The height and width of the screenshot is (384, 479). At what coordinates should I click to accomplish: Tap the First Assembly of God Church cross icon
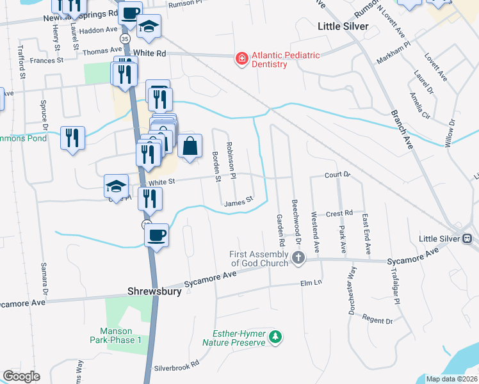[x=298, y=258]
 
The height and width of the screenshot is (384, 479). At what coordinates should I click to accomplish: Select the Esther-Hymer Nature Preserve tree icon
[x=275, y=337]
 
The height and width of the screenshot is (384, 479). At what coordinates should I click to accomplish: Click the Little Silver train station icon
[x=467, y=239]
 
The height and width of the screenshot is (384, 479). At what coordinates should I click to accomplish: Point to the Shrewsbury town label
[x=152, y=291]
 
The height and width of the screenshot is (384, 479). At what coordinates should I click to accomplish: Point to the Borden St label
[x=216, y=166]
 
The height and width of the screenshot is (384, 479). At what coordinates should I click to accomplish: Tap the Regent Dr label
[x=377, y=320]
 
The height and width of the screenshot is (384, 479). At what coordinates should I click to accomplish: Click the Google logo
[x=21, y=376]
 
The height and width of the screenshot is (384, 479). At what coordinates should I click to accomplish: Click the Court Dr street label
[x=338, y=174]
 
